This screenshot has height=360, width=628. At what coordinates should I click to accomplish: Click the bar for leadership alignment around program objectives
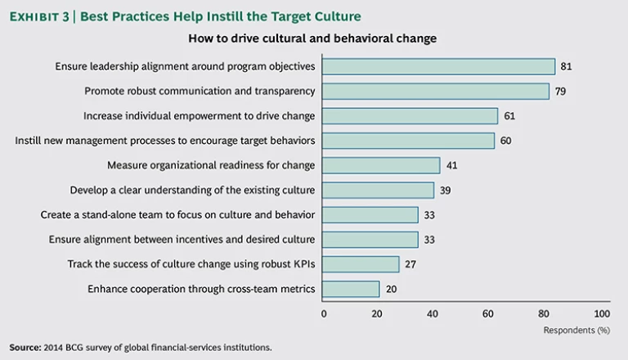[x=439, y=67]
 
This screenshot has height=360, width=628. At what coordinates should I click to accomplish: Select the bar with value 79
[x=436, y=92]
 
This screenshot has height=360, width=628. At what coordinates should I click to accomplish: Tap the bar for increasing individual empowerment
[x=410, y=116]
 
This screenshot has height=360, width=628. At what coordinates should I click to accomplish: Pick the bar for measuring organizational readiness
[x=382, y=165]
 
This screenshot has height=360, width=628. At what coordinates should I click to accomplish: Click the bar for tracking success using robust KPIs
[x=361, y=264]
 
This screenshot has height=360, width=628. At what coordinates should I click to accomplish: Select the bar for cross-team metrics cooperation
[x=352, y=289]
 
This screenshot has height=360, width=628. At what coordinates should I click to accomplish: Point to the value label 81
[x=566, y=67]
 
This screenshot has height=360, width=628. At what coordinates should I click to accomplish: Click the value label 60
[x=505, y=141]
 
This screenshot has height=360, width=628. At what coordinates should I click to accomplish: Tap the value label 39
[x=445, y=191]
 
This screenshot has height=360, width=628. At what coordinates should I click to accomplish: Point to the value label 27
[x=410, y=264]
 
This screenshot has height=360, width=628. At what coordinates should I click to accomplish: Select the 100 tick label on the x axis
[x=602, y=313]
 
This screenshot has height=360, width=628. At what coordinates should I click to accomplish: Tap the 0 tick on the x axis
[x=324, y=313]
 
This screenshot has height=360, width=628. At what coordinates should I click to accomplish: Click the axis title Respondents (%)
[x=576, y=330]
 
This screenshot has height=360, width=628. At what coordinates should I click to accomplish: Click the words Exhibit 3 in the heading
[x=39, y=16]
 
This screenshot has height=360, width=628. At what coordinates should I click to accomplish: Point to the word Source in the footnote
[x=25, y=347]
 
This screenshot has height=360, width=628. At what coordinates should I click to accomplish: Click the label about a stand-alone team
[x=177, y=215]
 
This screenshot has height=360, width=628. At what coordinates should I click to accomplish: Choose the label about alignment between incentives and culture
[x=182, y=240]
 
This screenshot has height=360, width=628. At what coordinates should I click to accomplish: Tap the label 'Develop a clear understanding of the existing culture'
[x=192, y=191]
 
